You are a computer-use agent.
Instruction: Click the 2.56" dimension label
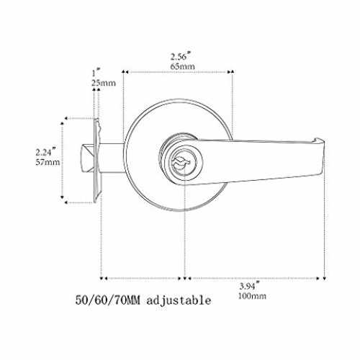(x=181, y=56)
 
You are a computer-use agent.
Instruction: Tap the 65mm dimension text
(x=182, y=66)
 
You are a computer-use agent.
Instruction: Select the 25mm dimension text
(x=104, y=83)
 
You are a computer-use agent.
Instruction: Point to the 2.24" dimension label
(x=46, y=152)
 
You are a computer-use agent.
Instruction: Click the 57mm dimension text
(x=48, y=162)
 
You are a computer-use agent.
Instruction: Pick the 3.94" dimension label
(x=250, y=285)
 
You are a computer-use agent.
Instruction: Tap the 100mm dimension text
(x=252, y=296)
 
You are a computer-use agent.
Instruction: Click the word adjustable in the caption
(x=179, y=300)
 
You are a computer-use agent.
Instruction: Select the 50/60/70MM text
(x=107, y=300)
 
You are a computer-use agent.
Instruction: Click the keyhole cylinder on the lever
(x=181, y=162)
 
